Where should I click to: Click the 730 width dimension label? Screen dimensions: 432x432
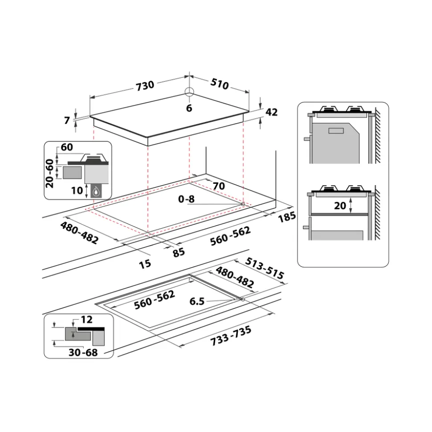(145, 85)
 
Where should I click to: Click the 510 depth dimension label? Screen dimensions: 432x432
(220, 84)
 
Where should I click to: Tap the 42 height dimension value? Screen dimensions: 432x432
(272, 112)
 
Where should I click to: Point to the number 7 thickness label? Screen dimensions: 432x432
(67, 121)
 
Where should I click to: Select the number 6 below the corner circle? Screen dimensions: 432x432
(189, 108)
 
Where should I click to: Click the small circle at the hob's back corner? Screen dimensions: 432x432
(189, 92)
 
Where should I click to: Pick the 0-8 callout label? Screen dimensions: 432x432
(186, 199)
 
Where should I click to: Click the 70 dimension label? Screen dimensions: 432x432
(219, 186)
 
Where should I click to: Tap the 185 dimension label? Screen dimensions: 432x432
(287, 217)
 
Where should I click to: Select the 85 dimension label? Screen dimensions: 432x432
(179, 252)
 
